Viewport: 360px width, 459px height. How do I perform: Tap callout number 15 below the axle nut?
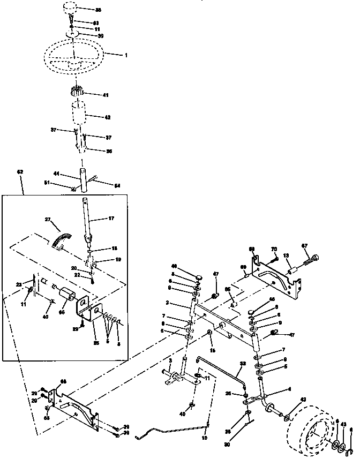coord(213,350)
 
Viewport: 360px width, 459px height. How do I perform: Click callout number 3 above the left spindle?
coord(170,362)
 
